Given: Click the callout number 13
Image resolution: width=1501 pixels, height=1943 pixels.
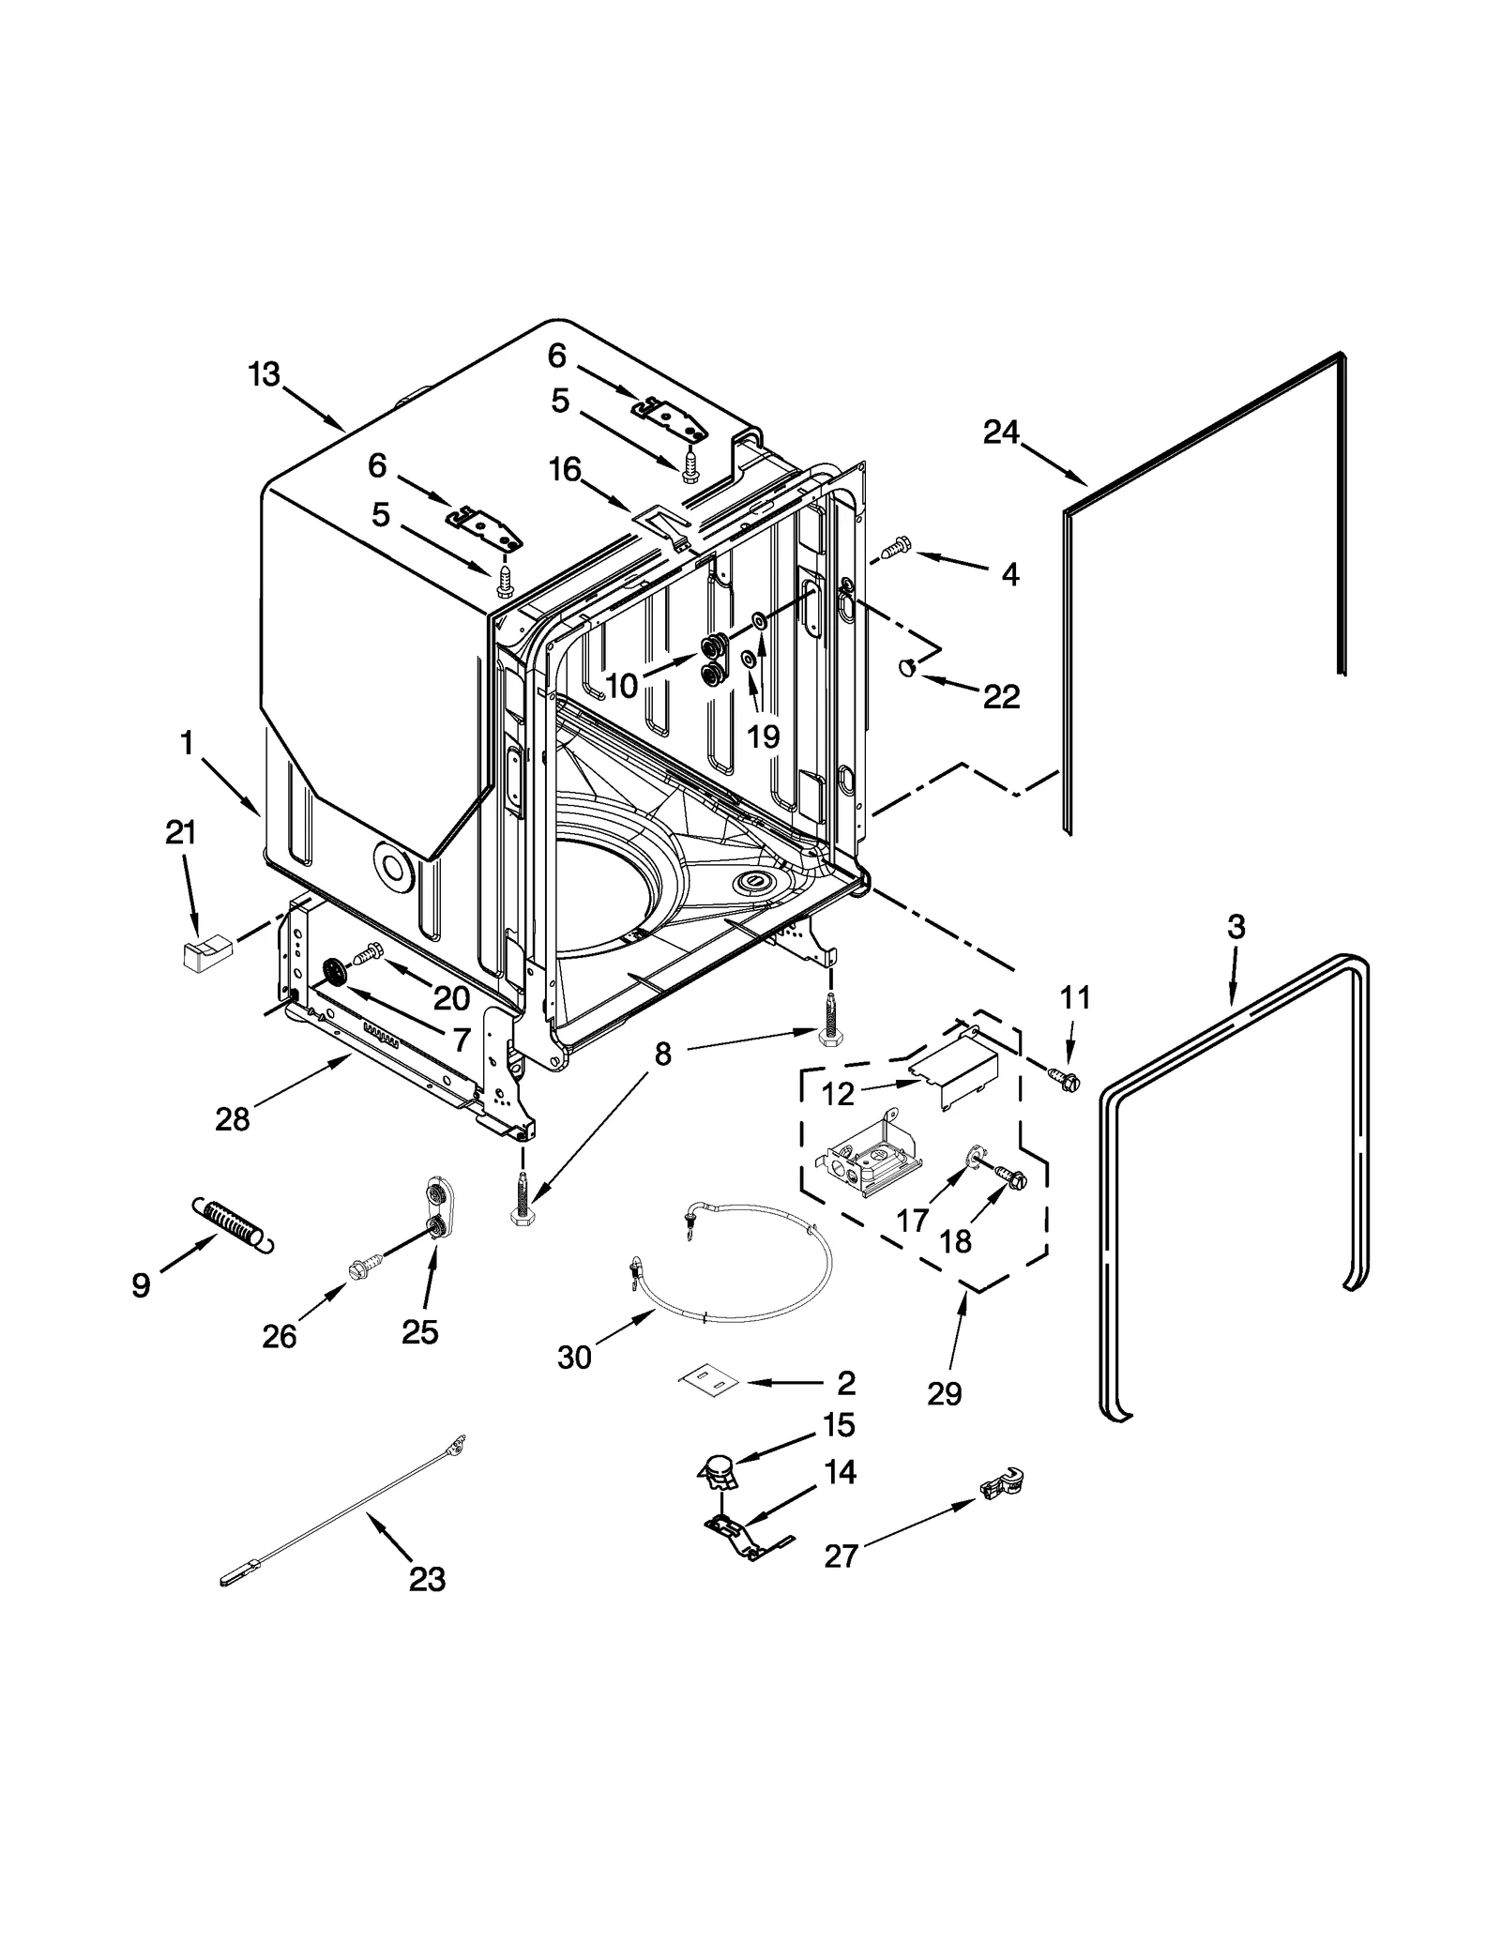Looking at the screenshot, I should point(264,374).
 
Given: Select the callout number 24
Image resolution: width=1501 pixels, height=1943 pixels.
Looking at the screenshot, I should point(1001,433).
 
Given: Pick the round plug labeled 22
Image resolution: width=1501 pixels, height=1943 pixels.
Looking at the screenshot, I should point(906,667).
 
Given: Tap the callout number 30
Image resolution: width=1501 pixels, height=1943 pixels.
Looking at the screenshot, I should point(574,1357).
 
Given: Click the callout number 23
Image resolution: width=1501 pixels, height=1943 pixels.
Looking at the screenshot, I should point(427,1581).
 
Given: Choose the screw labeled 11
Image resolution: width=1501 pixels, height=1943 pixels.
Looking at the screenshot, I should point(1065,1081).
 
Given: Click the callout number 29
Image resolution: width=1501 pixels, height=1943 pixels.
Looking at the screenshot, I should point(945,1395).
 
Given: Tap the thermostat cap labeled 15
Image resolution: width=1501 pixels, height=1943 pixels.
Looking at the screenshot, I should point(718,1473).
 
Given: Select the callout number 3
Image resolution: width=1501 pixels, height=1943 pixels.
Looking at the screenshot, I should point(1236,927).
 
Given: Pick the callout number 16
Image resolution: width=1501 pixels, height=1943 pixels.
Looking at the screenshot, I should point(565,469).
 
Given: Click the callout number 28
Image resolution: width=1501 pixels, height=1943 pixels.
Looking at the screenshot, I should point(233,1119).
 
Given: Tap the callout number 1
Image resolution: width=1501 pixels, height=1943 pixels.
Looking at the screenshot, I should point(187,743).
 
